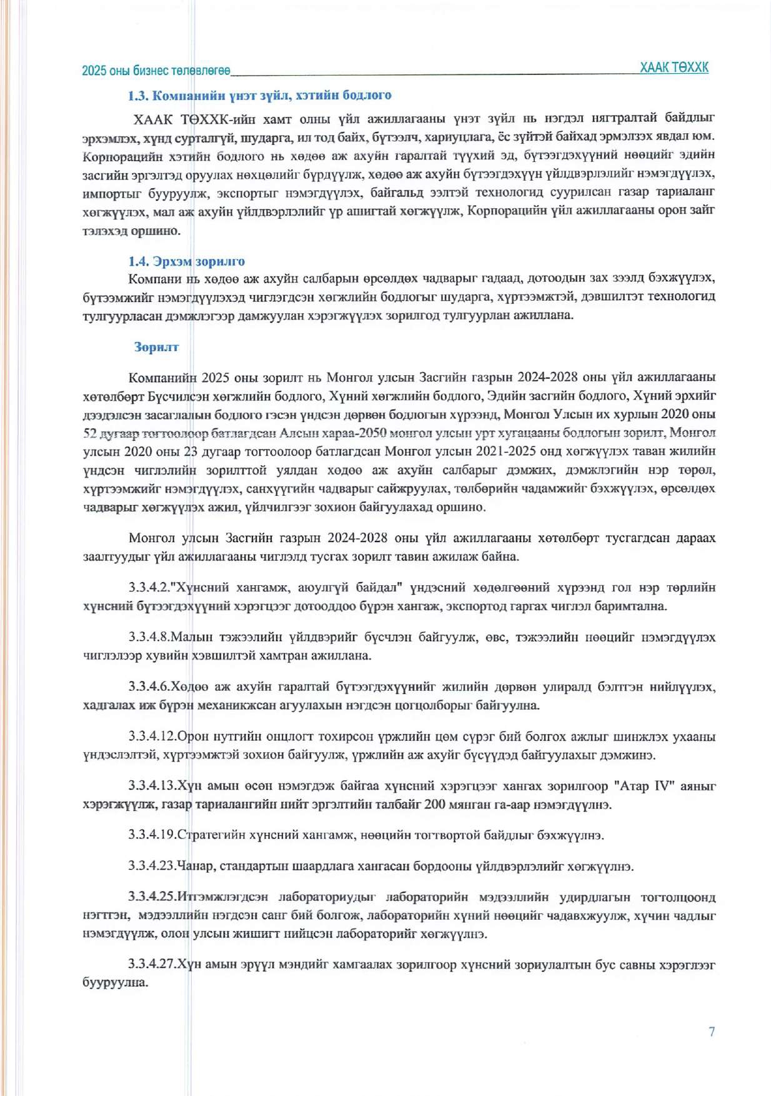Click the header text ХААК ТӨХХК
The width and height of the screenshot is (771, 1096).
[x=674, y=68]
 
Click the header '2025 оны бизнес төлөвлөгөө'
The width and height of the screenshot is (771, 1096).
[x=156, y=71]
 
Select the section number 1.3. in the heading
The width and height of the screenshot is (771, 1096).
[x=139, y=96]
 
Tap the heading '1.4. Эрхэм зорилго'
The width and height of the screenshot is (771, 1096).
[x=186, y=261]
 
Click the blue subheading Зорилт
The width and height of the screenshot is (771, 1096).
[x=156, y=347]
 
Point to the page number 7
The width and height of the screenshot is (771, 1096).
[x=712, y=1032]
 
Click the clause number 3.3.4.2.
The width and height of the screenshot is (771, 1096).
[x=149, y=588]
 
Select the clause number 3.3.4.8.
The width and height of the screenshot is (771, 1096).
[x=149, y=637]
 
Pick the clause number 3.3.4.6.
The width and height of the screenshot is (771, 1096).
[x=149, y=686]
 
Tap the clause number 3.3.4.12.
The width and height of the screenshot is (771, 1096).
[x=152, y=737]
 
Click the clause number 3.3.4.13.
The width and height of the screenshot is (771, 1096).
[x=152, y=786]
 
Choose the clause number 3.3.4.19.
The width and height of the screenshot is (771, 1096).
[x=152, y=835]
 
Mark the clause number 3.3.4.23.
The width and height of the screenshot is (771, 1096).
[x=152, y=867]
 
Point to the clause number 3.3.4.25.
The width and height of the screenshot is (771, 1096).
[x=152, y=897]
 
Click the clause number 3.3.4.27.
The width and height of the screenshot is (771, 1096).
[x=152, y=965]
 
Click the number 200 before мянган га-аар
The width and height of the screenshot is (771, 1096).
[x=435, y=805]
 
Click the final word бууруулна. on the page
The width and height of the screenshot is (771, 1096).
[x=115, y=983]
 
